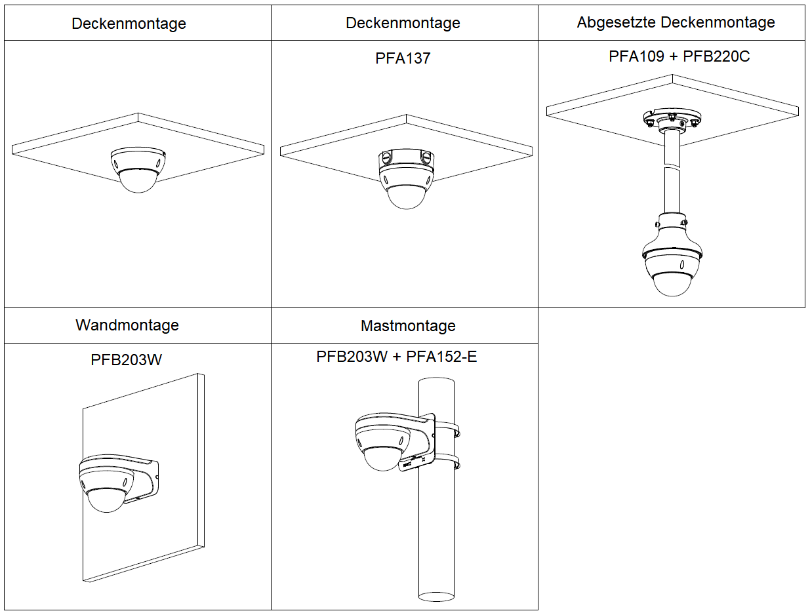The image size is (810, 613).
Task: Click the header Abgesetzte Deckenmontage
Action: coord(676,22)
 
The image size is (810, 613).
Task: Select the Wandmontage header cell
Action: coord(127,325)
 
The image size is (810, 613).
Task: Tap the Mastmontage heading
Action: coord(407,326)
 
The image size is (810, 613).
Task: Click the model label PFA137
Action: coord(403,58)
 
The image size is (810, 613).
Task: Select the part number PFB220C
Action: coord(716,56)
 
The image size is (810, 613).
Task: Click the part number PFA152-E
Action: coord(441,357)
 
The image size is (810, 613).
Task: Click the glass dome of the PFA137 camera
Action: coord(407,197)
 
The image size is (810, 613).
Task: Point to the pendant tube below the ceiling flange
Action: coord(672,170)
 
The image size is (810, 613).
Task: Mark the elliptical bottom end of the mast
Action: coord(437,596)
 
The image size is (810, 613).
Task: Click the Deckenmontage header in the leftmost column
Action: coord(129,24)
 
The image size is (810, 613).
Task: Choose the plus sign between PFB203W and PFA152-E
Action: coord(397,357)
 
